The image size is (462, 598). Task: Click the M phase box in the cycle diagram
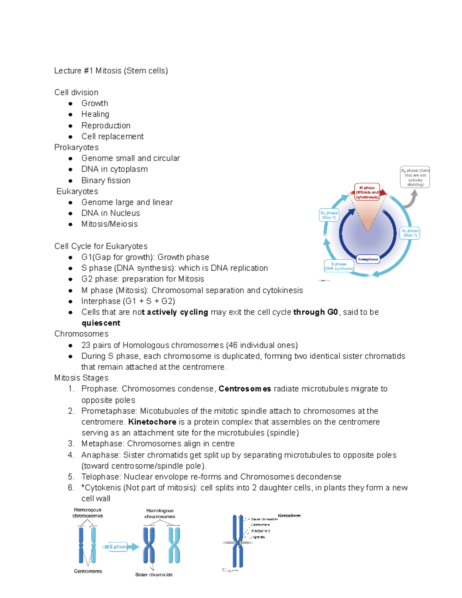(x=367, y=192)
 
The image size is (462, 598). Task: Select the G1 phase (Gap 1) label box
(x=410, y=233)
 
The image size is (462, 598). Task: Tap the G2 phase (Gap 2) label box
(x=329, y=215)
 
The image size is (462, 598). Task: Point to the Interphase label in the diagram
(x=368, y=259)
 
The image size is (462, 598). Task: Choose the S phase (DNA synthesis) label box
(x=339, y=266)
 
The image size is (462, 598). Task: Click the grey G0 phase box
(x=415, y=178)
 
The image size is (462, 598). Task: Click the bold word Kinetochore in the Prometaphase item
(x=152, y=422)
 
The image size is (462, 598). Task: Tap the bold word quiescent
(x=101, y=323)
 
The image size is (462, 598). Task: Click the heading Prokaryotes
(x=76, y=147)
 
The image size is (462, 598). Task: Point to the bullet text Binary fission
(x=106, y=181)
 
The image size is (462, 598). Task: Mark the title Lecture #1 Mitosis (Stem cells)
(x=111, y=71)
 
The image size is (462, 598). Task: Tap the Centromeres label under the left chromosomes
(x=88, y=571)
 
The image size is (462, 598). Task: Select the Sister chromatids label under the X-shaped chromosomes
(x=154, y=575)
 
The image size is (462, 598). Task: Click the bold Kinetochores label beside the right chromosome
(x=289, y=516)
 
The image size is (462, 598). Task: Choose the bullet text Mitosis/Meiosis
(x=109, y=224)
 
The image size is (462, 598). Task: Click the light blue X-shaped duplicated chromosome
(x=174, y=545)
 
